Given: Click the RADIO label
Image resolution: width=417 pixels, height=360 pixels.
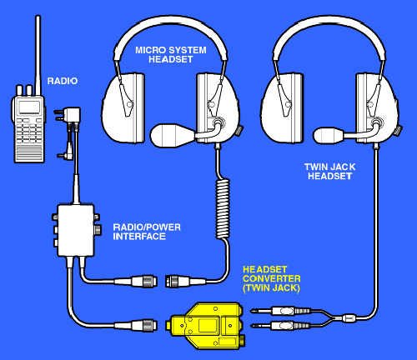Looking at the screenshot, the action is point(63,81).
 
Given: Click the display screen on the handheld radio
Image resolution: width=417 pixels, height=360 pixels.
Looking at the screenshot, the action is point(29,107).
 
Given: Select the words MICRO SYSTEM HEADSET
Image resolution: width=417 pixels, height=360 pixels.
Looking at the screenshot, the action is point(171,55).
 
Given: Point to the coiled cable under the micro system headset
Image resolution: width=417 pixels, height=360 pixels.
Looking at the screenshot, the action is point(223,208).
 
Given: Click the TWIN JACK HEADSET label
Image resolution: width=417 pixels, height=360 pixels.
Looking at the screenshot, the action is point(329,172).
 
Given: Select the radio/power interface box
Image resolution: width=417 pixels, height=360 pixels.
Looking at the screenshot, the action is point(76,231).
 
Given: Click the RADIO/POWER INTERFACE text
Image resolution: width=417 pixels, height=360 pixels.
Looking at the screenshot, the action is point(147,232).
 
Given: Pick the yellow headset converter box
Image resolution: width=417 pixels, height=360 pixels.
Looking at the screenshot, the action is point(206,326).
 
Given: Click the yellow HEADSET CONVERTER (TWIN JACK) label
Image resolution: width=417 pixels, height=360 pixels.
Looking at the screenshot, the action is point(272,279).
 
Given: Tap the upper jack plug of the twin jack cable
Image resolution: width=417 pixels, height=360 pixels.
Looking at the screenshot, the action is point(280,311).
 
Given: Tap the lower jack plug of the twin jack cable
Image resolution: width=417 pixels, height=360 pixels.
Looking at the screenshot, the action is point(280,325).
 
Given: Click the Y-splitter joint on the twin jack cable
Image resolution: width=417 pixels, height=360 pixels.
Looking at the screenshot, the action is point(348,317).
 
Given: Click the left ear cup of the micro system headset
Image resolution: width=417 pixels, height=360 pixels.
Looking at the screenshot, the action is point(123,107).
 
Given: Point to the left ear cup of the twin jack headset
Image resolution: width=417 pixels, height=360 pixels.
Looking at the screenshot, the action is point(282,107).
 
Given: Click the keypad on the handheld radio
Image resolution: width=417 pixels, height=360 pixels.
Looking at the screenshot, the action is point(29,131).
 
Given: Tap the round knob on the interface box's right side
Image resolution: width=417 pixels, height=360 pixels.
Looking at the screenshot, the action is point(98,229).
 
